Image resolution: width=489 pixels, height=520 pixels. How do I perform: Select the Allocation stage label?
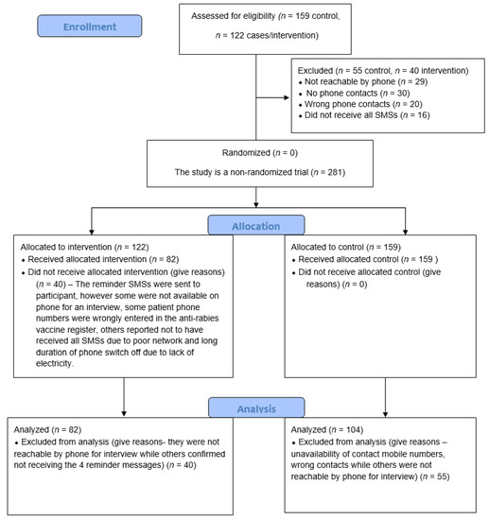[x=256, y=228]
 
